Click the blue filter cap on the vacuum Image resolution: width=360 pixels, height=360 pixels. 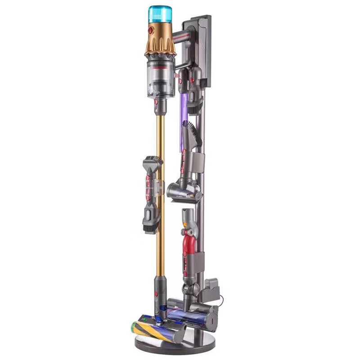tap(160, 14)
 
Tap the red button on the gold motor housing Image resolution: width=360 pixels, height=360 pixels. tap(150, 31)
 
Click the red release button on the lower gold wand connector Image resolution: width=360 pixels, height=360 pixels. tap(156, 295)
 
